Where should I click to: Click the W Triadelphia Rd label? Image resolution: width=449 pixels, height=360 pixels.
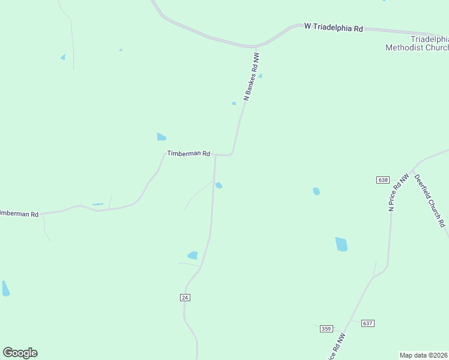(334, 27)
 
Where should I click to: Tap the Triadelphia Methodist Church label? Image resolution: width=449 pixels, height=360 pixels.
(417, 43)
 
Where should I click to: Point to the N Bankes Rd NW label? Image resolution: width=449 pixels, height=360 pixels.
(252, 76)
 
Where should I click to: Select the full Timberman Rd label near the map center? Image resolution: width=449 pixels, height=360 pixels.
(188, 154)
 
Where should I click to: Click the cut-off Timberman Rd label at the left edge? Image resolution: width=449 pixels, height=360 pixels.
(19, 214)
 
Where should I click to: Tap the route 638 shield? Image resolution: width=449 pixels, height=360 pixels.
(384, 180)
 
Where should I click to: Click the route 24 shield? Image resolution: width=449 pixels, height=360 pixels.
(185, 298)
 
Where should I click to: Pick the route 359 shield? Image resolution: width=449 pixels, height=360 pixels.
(327, 329)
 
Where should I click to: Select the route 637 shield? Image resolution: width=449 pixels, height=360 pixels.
(368, 323)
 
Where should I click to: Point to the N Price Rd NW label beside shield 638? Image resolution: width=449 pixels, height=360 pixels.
(398, 192)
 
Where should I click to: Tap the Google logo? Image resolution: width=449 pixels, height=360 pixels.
(20, 353)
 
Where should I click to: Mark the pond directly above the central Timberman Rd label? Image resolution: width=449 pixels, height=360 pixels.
(161, 137)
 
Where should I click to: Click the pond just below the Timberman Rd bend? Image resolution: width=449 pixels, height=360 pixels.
(219, 185)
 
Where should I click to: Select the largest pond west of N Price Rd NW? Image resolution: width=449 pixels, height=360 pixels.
(342, 244)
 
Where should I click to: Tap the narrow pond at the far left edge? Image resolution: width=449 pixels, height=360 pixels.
(5, 289)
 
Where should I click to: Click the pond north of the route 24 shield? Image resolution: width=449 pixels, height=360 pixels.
(193, 256)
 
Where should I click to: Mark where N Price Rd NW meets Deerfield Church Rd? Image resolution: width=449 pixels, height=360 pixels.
(415, 169)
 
